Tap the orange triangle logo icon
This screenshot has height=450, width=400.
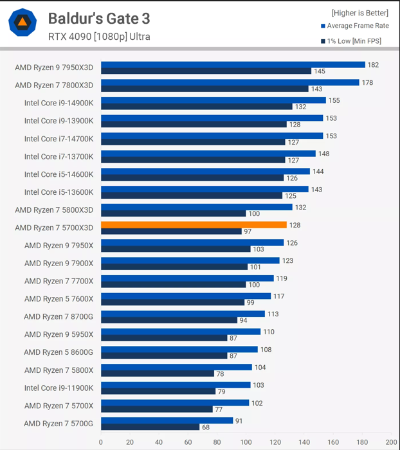23,22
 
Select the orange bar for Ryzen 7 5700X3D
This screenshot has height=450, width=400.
194,225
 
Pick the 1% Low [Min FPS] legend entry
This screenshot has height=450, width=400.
354,42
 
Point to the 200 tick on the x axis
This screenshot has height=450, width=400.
391,442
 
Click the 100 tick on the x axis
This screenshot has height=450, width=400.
246,442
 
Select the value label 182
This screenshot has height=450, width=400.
372,65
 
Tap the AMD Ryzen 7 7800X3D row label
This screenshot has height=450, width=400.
54,85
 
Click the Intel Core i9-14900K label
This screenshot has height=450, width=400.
59,103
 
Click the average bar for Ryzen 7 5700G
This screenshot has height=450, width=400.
167,420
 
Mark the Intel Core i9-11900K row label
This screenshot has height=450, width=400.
59,388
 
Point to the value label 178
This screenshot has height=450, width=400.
367,82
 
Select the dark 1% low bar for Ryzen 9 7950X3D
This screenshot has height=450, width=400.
206,71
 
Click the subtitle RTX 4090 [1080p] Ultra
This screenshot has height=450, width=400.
99,37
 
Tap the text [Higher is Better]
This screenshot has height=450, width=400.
360,12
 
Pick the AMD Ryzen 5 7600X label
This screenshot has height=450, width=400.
59,299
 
